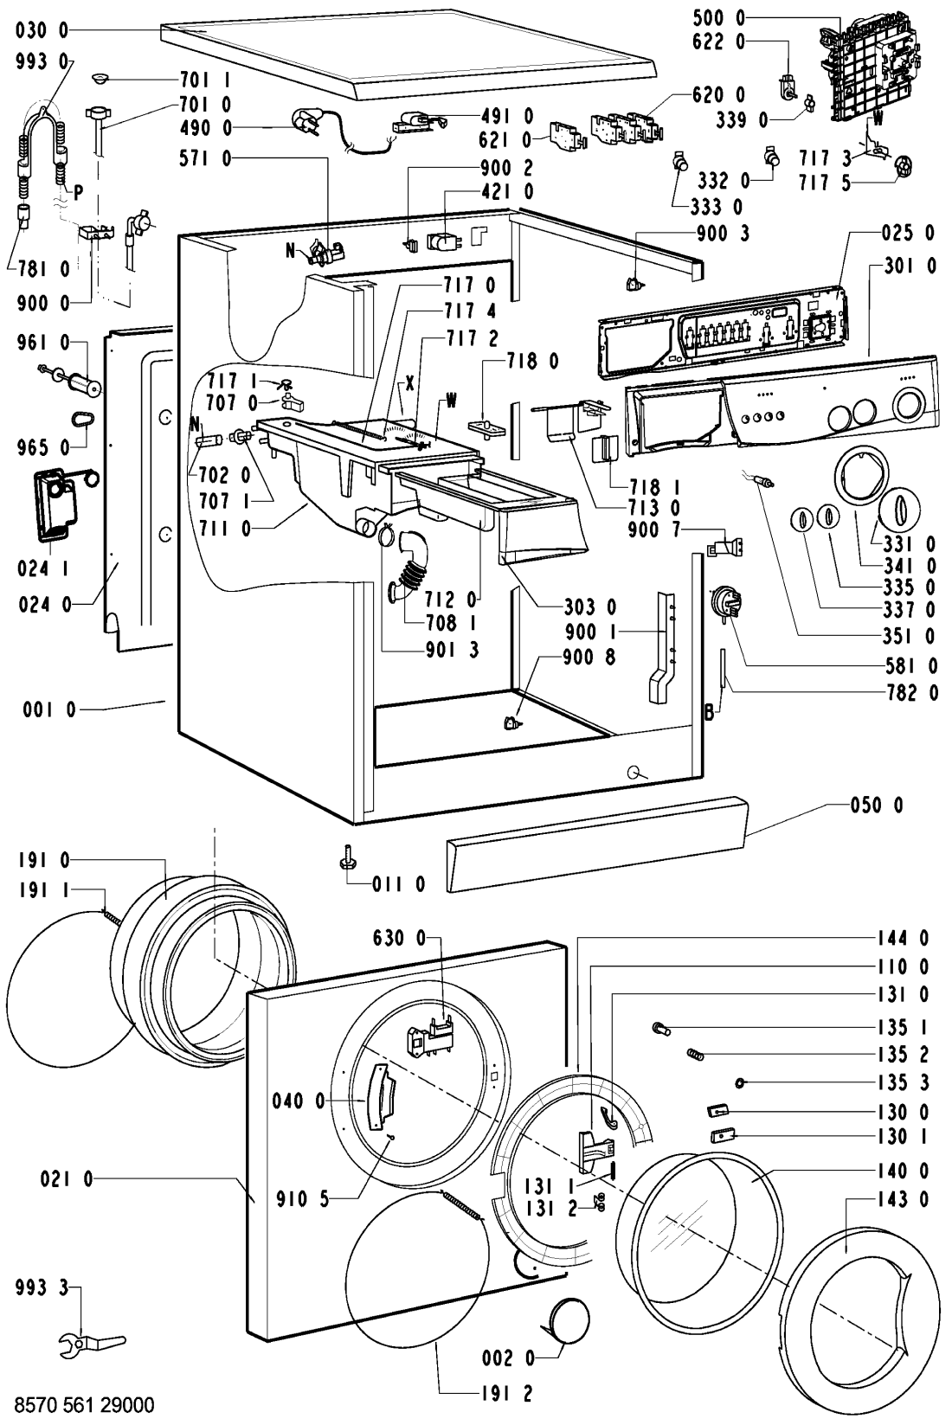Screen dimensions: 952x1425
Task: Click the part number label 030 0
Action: point(42,30)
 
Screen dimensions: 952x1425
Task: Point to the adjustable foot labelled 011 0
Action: point(348,856)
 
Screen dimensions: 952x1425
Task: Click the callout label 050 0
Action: point(877,805)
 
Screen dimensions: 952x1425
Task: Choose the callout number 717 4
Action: point(471,311)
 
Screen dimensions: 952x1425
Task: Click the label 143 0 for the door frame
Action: point(903,1199)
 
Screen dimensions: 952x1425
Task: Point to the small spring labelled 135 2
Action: point(695,1054)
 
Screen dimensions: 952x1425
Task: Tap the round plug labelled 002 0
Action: point(569,1317)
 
